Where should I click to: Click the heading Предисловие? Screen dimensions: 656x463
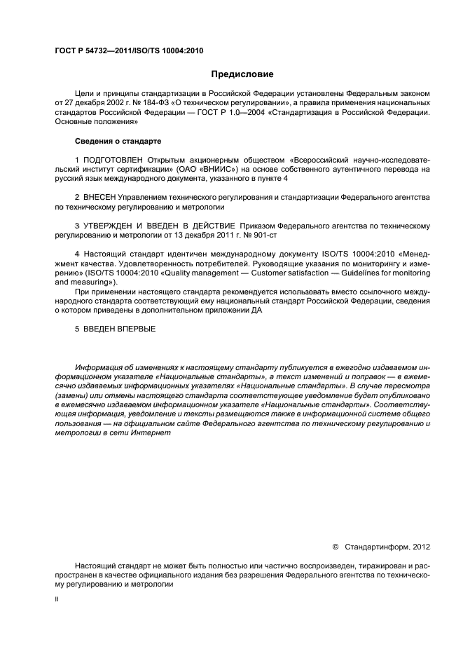point(242,74)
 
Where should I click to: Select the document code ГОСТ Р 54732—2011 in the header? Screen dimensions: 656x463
point(95,50)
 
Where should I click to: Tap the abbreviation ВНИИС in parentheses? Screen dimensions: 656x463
point(262,170)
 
